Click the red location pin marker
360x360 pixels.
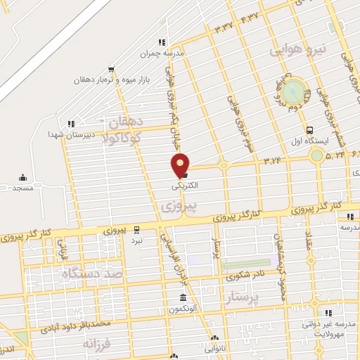[181, 165]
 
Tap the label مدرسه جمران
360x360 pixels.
[168, 53]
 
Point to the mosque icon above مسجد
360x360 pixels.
[22, 177]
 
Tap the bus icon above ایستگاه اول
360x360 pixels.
[310, 130]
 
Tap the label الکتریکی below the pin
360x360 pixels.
[184, 186]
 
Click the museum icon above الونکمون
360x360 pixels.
[174, 298]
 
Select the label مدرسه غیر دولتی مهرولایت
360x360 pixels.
[328, 328]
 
